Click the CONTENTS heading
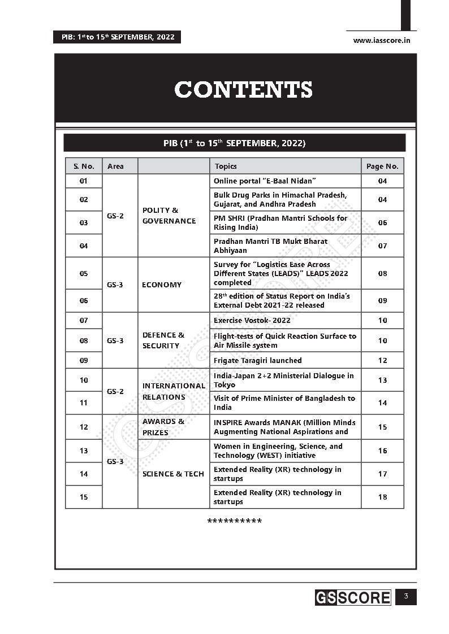coord(243,90)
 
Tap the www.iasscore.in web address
coord(381,40)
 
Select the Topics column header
coord(225,166)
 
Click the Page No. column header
coord(382,166)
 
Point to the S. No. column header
coord(84,166)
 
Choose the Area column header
coord(115,166)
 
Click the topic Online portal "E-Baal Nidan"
coord(264,181)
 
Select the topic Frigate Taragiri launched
coord(257,360)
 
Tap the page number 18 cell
coord(382,497)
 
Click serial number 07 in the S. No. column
coord(84,320)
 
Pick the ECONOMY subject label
coord(162,285)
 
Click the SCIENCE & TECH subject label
coord(173,474)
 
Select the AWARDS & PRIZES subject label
coord(163,427)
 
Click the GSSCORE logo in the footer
coord(353,597)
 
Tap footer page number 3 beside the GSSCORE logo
coord(405,597)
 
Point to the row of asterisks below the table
coord(235,521)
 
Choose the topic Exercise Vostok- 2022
coord(252,320)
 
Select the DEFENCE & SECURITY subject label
coord(163,340)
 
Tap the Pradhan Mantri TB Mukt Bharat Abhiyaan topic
coord(270,246)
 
